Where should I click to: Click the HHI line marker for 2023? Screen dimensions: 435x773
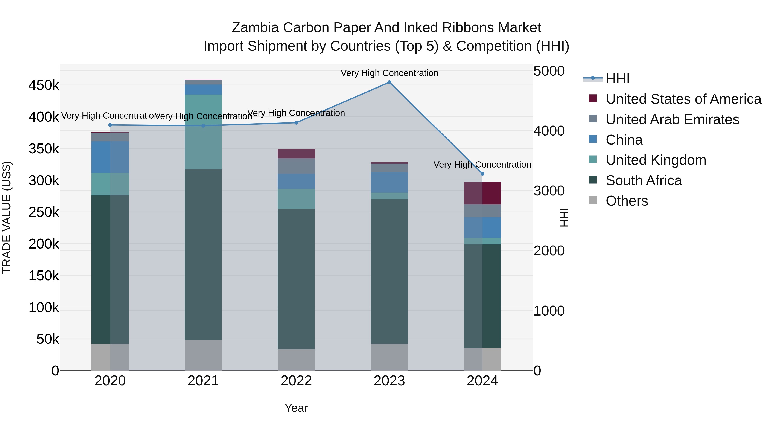point(389,82)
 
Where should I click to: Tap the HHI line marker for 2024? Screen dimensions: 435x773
point(482,174)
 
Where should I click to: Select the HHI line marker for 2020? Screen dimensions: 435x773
point(110,125)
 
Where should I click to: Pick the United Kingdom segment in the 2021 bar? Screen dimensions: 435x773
point(203,132)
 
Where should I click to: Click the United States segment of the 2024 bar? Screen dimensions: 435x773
point(482,193)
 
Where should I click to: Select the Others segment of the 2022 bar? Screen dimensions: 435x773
point(296,360)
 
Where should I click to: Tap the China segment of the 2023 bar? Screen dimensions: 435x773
point(389,182)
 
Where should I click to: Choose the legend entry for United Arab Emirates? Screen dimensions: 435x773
point(672,119)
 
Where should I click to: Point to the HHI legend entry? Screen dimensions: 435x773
point(617,79)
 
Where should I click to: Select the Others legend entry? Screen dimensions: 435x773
point(627,201)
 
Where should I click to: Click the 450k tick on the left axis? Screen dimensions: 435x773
point(44,85)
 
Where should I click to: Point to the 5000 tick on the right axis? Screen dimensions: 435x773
point(549,71)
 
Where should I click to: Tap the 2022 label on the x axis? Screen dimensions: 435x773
point(296,381)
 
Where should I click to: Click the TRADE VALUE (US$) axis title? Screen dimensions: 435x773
point(7,217)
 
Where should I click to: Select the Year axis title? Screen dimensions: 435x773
point(296,408)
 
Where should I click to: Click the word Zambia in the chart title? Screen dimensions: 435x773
point(255,28)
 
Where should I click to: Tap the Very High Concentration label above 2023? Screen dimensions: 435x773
point(389,73)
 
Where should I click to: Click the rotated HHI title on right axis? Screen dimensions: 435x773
point(564,217)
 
